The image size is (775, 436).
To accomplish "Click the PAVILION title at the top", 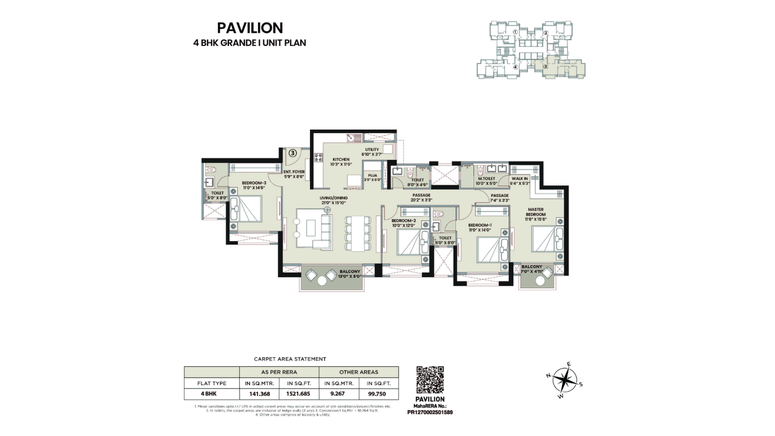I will [x=249, y=28].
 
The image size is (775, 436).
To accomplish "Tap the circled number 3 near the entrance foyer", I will [x=292, y=153].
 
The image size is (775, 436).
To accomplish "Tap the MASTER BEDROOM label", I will [x=535, y=213].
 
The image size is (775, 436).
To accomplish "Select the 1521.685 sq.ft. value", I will [x=298, y=393].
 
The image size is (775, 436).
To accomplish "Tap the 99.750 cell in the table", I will [x=378, y=393].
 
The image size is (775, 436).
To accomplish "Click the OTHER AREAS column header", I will [x=358, y=372].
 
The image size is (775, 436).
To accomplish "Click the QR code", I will [x=430, y=380].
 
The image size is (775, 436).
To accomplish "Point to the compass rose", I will [x=564, y=380].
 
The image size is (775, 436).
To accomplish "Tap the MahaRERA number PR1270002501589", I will [x=430, y=412].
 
